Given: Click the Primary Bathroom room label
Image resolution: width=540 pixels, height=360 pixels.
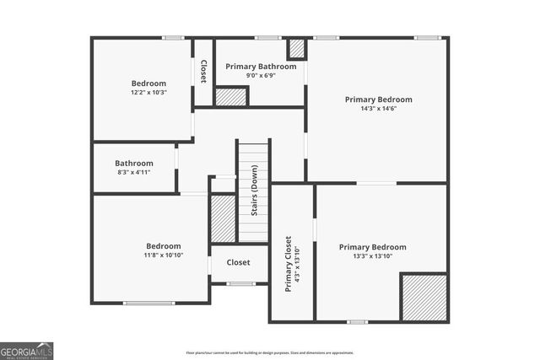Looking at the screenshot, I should pyautogui.click(x=261, y=67).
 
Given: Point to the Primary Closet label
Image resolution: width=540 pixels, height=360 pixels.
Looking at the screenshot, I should pyautogui.click(x=288, y=263).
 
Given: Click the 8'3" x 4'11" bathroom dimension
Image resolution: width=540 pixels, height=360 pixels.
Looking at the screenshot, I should pyautogui.click(x=133, y=172).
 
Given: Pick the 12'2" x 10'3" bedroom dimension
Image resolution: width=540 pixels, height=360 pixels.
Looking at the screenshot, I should pyautogui.click(x=148, y=93).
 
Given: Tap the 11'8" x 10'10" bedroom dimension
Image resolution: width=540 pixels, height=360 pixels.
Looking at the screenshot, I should pyautogui.click(x=152, y=255).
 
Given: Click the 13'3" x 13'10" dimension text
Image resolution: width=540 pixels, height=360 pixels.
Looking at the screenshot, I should pyautogui.click(x=372, y=256).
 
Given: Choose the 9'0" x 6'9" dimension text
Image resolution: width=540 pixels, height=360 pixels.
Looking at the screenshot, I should pyautogui.click(x=261, y=75).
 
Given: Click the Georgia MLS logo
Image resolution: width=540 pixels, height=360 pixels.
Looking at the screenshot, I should pyautogui.click(x=27, y=348).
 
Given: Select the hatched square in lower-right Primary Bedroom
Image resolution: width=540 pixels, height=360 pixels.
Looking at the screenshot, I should pyautogui.click(x=423, y=296).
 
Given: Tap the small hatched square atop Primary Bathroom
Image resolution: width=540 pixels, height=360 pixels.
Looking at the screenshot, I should pyautogui.click(x=297, y=48).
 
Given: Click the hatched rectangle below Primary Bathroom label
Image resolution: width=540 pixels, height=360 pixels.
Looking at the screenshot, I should pyautogui.click(x=230, y=96).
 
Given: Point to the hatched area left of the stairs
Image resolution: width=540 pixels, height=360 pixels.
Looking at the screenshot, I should pyautogui.click(x=222, y=219).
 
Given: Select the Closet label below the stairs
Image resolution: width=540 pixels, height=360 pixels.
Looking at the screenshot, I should pyautogui.click(x=239, y=262).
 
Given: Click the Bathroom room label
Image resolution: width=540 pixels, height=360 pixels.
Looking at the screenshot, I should pyautogui.click(x=134, y=163).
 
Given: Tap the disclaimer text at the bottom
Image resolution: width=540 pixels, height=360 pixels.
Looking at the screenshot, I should pyautogui.click(x=269, y=352).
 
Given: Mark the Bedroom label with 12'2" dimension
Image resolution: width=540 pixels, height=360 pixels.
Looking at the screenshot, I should pyautogui.click(x=148, y=83).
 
